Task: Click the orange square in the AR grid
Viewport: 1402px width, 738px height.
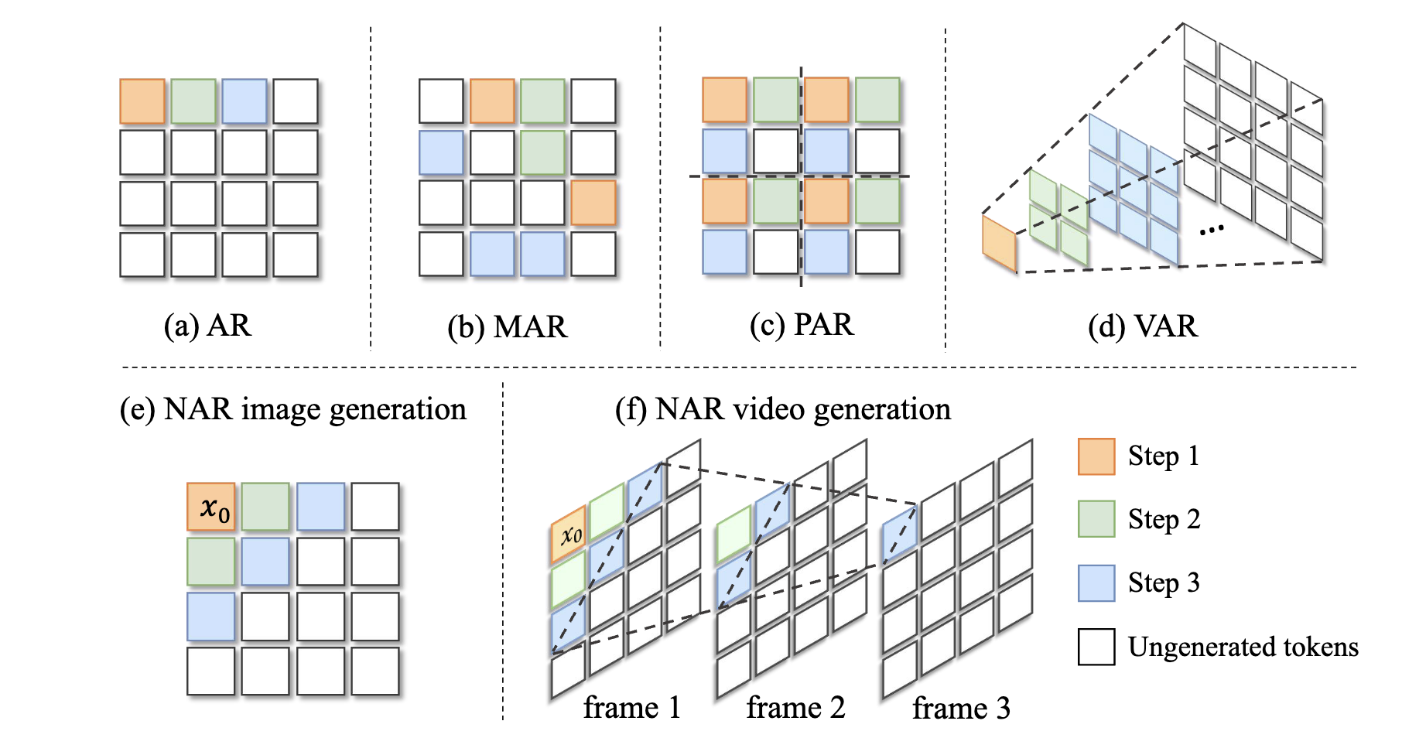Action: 142,101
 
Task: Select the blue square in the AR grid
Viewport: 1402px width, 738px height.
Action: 244,101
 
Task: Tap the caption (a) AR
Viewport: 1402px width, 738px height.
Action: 207,326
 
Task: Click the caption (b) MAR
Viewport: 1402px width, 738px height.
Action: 508,327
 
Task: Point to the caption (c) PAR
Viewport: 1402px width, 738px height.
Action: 802,325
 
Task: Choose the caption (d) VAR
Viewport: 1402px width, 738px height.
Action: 1143,326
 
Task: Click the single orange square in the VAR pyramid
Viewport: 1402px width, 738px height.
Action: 999,244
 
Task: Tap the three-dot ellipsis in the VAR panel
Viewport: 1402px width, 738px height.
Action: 1211,229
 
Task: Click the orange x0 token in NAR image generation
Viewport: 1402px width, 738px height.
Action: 211,507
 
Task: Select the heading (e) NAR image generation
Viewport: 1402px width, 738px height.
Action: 293,409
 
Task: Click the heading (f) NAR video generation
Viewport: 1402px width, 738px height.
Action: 783,409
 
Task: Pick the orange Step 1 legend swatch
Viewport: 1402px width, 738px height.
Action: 1096,456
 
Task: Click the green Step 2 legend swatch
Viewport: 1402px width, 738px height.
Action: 1096,519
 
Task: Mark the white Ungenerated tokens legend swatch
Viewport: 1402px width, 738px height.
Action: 1096,647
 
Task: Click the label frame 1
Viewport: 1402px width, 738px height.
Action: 631,708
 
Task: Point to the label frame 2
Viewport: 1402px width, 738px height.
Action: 795,708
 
